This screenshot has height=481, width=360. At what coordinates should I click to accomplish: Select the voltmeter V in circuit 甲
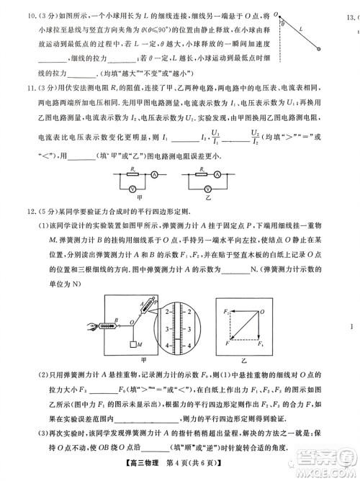pos(132,186)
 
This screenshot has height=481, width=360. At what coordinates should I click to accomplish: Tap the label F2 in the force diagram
pos(225,289)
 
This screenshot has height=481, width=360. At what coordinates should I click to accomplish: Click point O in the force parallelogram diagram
pos(263,291)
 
